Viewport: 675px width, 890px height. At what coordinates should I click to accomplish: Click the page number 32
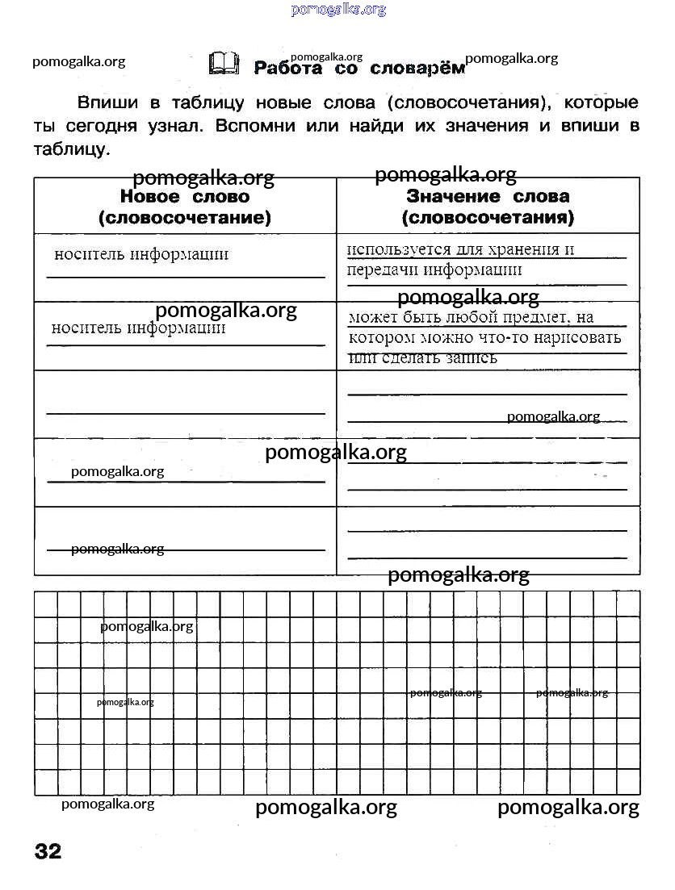(48, 850)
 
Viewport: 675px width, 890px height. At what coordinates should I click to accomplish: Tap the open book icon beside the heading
(224, 64)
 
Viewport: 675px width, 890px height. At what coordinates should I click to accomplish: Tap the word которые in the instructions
(601, 103)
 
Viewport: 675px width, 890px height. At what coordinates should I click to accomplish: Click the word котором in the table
(380, 337)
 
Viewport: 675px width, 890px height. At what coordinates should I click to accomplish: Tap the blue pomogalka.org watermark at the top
(337, 10)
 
